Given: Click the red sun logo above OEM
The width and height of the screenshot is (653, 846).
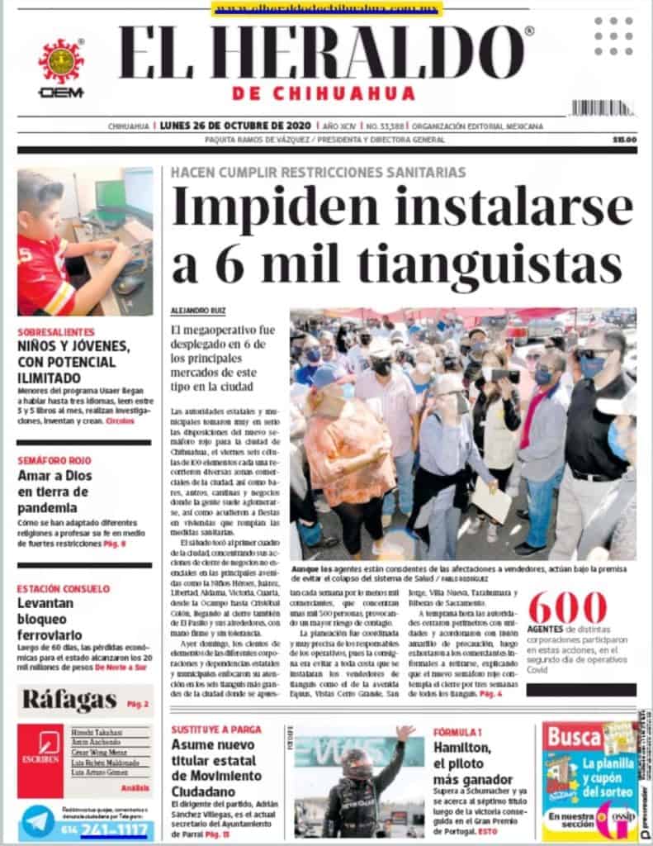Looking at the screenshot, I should point(60,62).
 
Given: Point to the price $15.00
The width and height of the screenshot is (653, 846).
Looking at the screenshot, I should point(624,140).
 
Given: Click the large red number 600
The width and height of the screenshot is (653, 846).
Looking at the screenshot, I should point(567,610).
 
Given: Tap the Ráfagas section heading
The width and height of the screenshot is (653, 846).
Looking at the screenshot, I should point(69,700).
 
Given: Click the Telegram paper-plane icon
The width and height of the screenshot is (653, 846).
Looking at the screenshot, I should point(38,821).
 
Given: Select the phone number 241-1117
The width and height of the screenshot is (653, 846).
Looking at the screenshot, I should point(116,829).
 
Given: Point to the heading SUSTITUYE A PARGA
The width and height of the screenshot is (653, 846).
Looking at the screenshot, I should point(215,730).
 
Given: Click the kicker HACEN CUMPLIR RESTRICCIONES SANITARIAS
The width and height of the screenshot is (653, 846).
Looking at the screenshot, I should point(318,173).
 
